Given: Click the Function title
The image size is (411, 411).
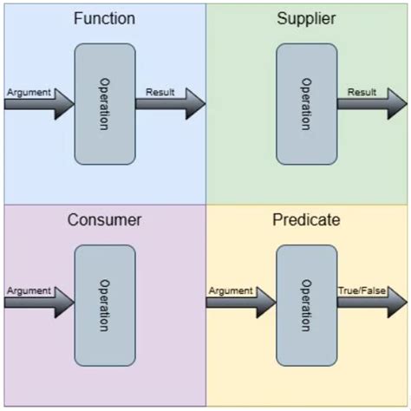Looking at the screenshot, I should pos(104,18).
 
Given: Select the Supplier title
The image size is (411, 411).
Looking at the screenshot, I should pos(306,18).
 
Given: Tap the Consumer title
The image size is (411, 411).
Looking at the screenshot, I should pos(104,219).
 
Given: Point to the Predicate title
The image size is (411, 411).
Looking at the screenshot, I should pos(306,219).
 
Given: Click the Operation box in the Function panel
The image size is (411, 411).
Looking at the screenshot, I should pos(105,104).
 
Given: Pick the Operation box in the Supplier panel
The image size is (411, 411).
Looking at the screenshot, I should pos(306,104).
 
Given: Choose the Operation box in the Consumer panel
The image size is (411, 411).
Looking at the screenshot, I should pos(105,304).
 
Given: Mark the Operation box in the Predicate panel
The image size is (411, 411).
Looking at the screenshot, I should pos(306,304).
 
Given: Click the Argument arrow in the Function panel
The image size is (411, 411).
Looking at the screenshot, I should pos(40,104).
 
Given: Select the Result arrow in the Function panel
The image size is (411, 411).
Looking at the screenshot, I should pos(170,104).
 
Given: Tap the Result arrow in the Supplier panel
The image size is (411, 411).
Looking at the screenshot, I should pos(371,104).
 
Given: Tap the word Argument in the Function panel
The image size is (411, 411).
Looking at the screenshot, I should pos(28,91).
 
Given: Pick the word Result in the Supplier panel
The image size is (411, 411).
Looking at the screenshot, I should pos(362,91).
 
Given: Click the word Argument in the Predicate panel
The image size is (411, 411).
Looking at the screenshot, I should pos(230,290).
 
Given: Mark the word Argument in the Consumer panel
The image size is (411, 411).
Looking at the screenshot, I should pos(28,290).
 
